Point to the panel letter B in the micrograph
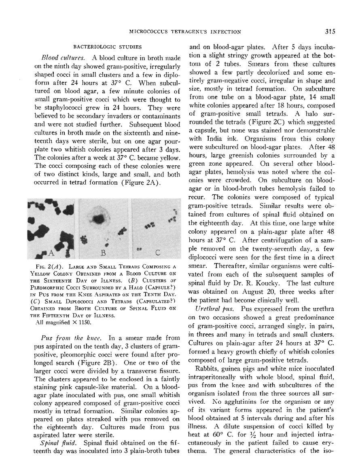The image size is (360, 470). [103, 253]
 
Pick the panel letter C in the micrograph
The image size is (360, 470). [158, 253]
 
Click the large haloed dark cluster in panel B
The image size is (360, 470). [98, 219]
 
